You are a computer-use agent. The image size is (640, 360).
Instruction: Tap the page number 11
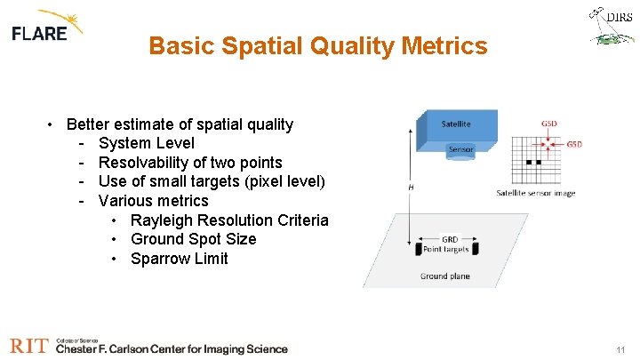point(620,350)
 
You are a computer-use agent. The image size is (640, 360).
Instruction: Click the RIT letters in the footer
point(28,346)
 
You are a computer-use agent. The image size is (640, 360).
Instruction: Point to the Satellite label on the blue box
point(456,124)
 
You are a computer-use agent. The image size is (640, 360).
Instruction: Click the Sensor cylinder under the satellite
point(460,149)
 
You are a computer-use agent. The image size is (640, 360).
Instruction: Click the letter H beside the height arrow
point(411,188)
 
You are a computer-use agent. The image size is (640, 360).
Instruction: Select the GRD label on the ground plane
point(450,238)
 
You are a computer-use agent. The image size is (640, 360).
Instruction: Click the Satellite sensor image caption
point(535,193)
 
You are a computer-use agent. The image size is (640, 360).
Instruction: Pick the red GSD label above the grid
point(550,124)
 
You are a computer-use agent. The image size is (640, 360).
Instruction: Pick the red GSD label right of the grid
point(574,144)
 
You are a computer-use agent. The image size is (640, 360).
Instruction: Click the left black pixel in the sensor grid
point(528,163)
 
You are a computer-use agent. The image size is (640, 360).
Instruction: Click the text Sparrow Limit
point(179,259)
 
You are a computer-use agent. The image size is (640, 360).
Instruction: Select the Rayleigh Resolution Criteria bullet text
point(229,220)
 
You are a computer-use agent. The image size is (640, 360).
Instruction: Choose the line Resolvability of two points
point(190,162)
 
